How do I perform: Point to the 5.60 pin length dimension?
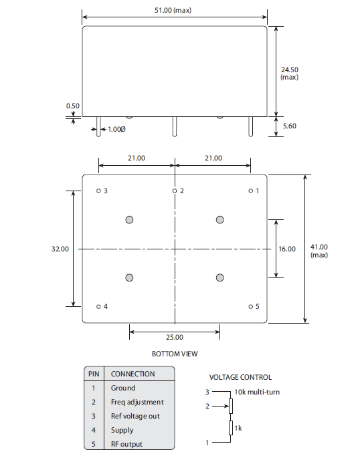point(290,126)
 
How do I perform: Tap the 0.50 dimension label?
point(72,106)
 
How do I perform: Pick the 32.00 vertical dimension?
point(60,249)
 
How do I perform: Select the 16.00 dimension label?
point(287,249)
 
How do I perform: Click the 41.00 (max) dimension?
point(319,251)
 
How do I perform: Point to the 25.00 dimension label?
point(175,338)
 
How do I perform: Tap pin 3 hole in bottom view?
point(98,191)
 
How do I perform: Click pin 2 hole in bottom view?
point(175,191)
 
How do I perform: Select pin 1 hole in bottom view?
point(251,191)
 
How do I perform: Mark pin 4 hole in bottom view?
point(98,307)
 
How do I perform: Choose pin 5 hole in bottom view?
point(251,307)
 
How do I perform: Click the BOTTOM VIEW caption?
point(175,354)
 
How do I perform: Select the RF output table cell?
point(126,444)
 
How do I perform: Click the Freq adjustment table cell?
point(137,402)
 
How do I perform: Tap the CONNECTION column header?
point(132,374)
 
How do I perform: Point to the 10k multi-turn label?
point(257,392)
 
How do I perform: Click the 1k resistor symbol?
point(231,428)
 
